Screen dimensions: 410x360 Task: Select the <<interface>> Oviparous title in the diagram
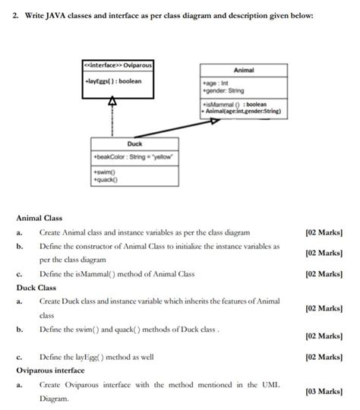coord(117,65)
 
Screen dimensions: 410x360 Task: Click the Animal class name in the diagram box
coord(244,70)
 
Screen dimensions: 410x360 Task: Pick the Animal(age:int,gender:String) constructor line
coord(242,112)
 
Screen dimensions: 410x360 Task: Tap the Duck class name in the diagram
coord(134,143)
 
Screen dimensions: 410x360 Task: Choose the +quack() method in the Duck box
coord(106,179)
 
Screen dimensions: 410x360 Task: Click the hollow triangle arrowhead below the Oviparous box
coord(112,100)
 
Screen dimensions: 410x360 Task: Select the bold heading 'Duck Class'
coord(36,288)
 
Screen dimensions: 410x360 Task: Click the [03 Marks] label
coord(322,391)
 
